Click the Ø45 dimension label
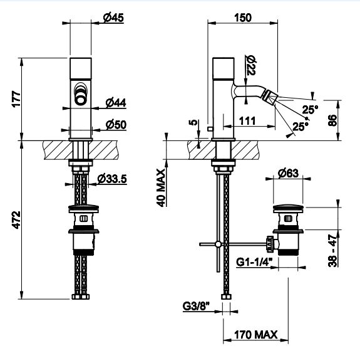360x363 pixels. click(x=113, y=18)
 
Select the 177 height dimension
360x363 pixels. click(x=17, y=99)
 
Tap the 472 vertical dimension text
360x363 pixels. click(x=17, y=220)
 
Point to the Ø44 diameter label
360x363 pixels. click(x=116, y=103)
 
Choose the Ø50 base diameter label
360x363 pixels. click(x=116, y=125)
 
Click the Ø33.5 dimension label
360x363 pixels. click(x=112, y=179)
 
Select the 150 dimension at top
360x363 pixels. click(x=243, y=18)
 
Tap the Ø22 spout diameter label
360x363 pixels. click(x=250, y=65)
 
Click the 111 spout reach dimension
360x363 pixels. click(x=247, y=121)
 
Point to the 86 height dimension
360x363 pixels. click(x=332, y=120)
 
